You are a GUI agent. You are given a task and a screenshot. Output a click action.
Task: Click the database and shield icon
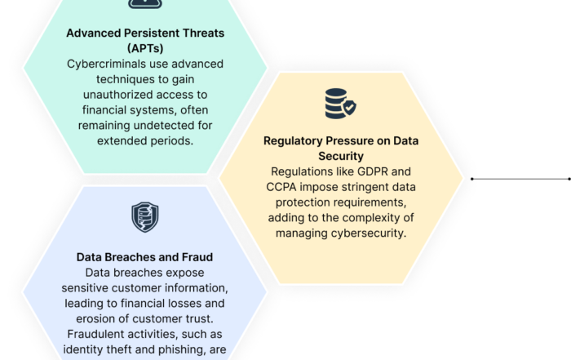340,103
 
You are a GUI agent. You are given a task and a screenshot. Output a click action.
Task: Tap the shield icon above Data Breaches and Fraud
145,216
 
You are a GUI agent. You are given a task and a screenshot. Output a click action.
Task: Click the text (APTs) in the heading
145,48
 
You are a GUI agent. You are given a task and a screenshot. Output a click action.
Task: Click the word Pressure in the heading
356,140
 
